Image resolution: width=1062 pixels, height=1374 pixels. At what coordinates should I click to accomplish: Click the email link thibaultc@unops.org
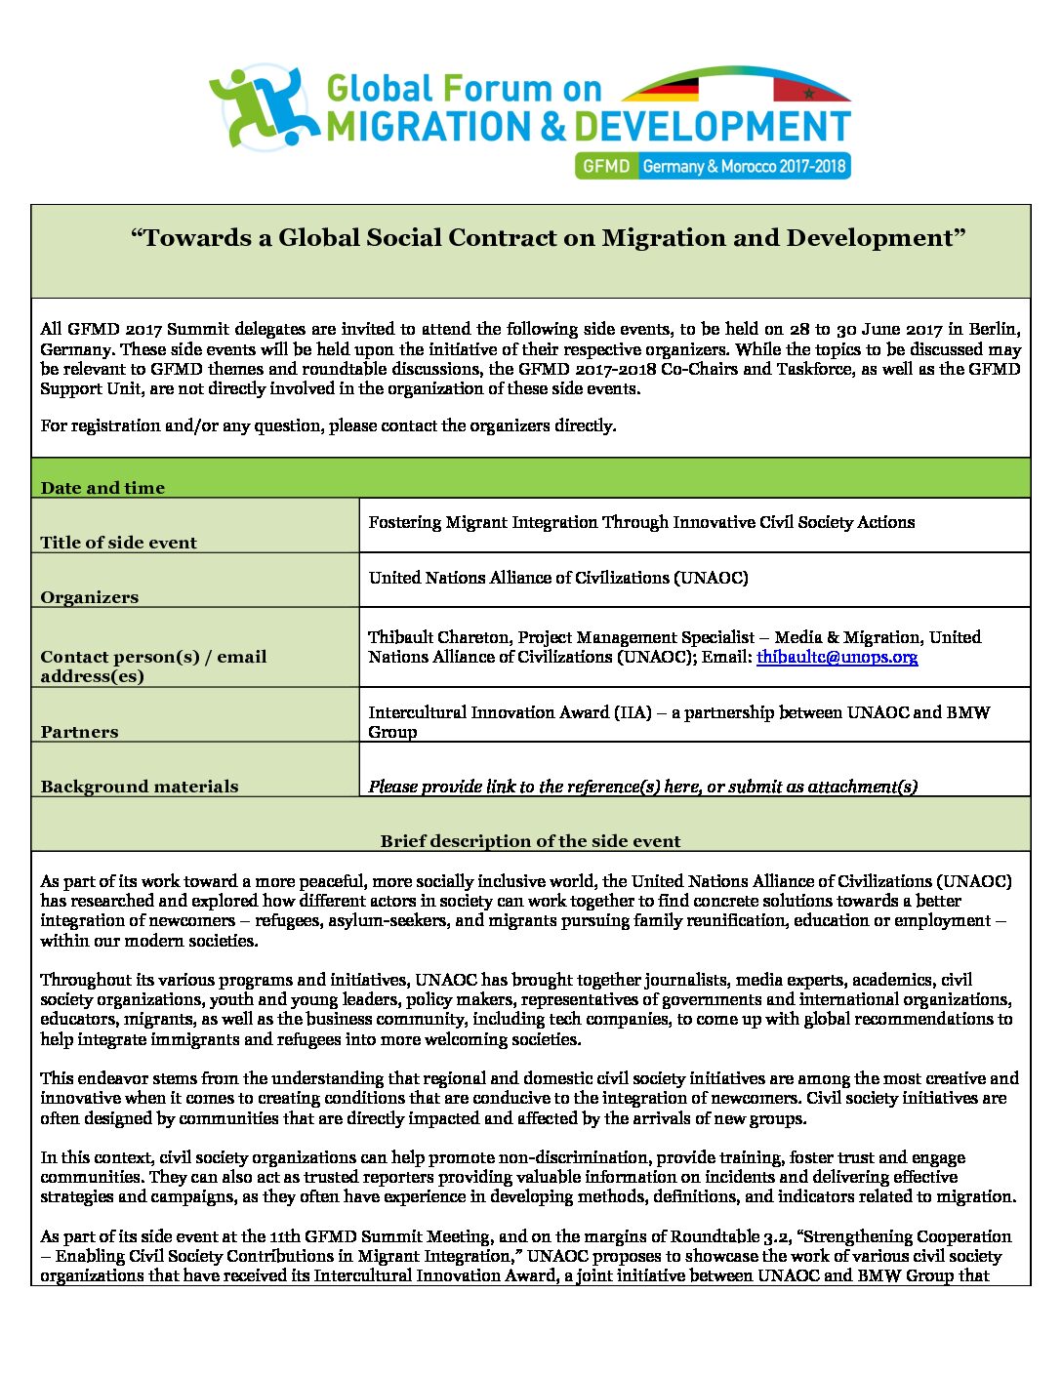pos(837,657)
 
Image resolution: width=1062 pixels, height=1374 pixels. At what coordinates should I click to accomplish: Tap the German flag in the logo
pos(662,90)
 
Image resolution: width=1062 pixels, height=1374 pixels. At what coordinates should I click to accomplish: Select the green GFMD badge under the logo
pos(606,166)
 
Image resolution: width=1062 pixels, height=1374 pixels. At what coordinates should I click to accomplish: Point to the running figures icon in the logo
pos(262,107)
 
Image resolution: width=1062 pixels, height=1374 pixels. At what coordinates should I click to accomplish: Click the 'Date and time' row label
pos(102,488)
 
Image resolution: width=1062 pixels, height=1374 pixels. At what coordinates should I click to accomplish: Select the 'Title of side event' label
pos(118,543)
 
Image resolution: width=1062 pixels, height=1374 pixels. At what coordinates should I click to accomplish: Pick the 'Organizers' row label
pos(89,597)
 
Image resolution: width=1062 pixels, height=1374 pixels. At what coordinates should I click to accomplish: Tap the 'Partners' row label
pos(79,732)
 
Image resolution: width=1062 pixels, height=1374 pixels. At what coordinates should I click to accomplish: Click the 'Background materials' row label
pos(139,787)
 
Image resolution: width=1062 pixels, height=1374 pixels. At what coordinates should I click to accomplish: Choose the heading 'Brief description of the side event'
pos(530,841)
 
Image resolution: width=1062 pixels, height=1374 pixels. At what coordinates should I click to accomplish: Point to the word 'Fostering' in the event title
pos(404,522)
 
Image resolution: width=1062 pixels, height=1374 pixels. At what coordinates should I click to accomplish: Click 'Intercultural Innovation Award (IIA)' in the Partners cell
pos(510,712)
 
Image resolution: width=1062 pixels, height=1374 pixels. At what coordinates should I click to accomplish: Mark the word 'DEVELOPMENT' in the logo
pos(712,128)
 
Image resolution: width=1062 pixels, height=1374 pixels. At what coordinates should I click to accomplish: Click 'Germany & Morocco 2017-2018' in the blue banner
pos(744,166)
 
